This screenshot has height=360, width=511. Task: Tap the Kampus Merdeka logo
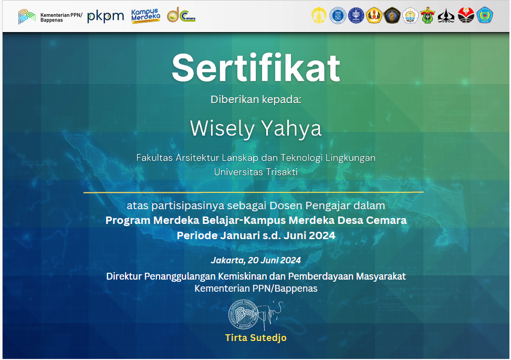point(145,16)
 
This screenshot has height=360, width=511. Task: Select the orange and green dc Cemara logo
point(181,15)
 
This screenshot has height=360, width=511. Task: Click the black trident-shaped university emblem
point(446,16)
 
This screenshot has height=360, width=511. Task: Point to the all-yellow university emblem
point(319,15)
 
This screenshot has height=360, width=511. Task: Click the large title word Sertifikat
point(256,68)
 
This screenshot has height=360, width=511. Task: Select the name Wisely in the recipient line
point(222,129)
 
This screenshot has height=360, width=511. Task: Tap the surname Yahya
point(291,129)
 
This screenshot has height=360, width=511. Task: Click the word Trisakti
point(281,172)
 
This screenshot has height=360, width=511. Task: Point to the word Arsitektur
point(197,158)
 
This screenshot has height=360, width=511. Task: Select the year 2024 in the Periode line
point(322,235)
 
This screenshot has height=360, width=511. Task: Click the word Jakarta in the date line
point(227,260)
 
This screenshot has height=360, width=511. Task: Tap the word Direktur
point(124,276)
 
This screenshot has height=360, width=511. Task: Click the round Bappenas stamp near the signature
point(243,314)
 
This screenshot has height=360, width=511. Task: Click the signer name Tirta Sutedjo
point(256,337)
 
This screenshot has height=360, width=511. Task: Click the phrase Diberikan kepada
point(256,99)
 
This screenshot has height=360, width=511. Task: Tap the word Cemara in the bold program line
point(386,220)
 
